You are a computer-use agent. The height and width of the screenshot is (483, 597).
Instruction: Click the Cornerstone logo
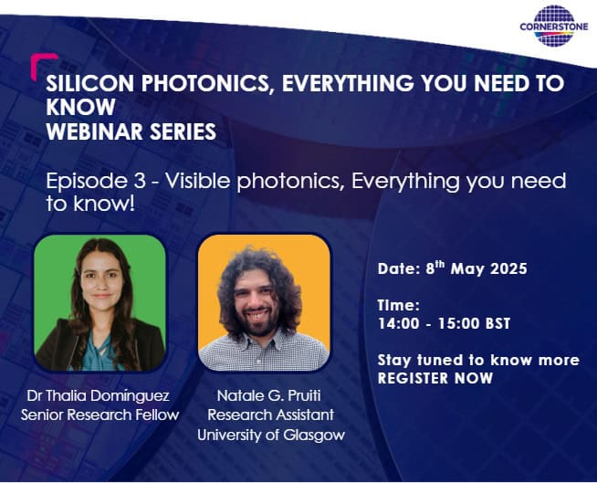coord(554,26)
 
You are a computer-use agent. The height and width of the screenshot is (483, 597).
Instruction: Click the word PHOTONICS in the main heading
coord(207,83)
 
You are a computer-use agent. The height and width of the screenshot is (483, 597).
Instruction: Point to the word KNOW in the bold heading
coord(80,107)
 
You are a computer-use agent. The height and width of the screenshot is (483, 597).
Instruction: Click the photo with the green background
coord(99,303)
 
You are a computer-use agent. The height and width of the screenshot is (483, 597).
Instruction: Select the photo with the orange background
coord(264,303)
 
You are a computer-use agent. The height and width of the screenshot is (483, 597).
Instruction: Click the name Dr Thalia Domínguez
coord(99,395)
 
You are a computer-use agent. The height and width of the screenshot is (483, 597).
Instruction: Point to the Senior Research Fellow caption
coord(99,415)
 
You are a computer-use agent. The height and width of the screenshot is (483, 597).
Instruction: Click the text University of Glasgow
coord(271,435)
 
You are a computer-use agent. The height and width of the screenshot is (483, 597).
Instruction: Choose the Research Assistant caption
coord(271,415)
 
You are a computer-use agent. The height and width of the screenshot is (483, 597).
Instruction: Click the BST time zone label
coord(497,324)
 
